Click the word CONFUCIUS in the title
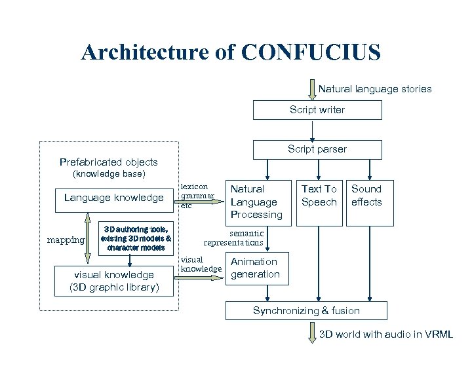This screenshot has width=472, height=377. [x=311, y=52]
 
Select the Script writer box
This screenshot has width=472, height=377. [x=317, y=110]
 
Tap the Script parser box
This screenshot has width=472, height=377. [x=317, y=149]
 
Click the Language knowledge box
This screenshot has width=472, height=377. [x=114, y=198]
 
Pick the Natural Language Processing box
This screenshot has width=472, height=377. [x=256, y=202]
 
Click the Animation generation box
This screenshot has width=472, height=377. [x=255, y=268]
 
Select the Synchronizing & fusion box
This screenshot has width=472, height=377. [x=306, y=311]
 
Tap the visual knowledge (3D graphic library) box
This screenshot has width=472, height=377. [x=114, y=281]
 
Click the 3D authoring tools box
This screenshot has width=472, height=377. [x=136, y=238]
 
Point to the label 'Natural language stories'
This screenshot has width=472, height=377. [x=375, y=88]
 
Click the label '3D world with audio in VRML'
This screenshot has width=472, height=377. [x=385, y=334]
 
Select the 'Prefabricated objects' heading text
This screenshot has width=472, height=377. [x=109, y=162]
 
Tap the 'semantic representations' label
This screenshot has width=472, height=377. [x=234, y=238]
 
